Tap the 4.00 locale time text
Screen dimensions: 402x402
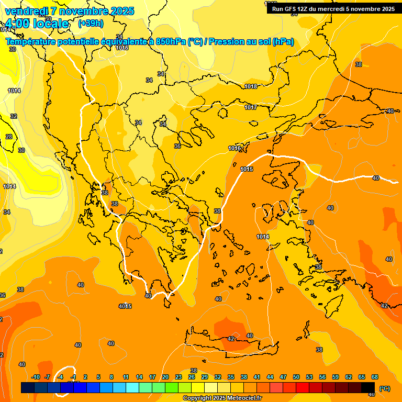point(37,24)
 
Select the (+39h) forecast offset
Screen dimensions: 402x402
point(91,24)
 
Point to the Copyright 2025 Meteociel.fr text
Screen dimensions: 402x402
point(222,398)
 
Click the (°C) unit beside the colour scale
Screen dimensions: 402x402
point(384,388)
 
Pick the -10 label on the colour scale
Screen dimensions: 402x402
point(36,377)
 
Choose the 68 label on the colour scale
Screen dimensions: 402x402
point(375,377)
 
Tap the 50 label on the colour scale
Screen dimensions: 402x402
point(296,377)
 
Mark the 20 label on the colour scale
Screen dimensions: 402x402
point(165,377)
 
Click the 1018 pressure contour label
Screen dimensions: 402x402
point(251,86)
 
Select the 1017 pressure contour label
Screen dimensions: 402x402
point(251,107)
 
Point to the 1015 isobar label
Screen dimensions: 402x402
point(247,169)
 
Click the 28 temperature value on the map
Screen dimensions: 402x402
point(9,137)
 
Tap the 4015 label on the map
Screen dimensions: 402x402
point(125,306)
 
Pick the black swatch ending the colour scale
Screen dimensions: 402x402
point(368,387)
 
